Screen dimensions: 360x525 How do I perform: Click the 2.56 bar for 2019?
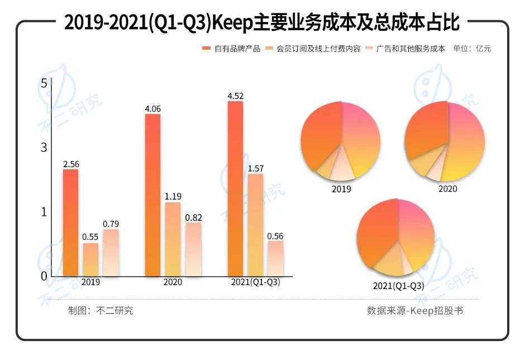point(70,222)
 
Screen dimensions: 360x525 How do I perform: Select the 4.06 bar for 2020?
point(152,195)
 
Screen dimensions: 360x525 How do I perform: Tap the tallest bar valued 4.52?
point(235,188)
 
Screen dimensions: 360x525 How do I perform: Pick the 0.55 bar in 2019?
point(90,259)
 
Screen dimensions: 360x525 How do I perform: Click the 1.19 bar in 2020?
point(173,239)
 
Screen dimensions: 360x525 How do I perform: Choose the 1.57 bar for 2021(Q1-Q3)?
point(255,225)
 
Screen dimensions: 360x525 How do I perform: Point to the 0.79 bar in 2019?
point(111,253)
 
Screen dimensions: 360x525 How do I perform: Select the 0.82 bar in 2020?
point(193,249)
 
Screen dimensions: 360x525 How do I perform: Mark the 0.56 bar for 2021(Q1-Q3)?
point(275,258)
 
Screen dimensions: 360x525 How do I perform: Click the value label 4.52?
point(235,96)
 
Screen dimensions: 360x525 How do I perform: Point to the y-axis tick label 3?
point(44,148)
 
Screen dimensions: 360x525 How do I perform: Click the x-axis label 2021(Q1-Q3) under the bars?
point(255,282)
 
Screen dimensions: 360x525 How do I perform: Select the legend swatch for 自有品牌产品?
point(206,49)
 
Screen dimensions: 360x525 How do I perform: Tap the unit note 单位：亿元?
point(472,49)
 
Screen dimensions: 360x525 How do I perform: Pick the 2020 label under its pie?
point(447,189)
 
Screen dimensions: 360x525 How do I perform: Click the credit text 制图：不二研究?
point(101,311)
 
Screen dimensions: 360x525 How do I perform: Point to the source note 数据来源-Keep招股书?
point(414,311)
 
